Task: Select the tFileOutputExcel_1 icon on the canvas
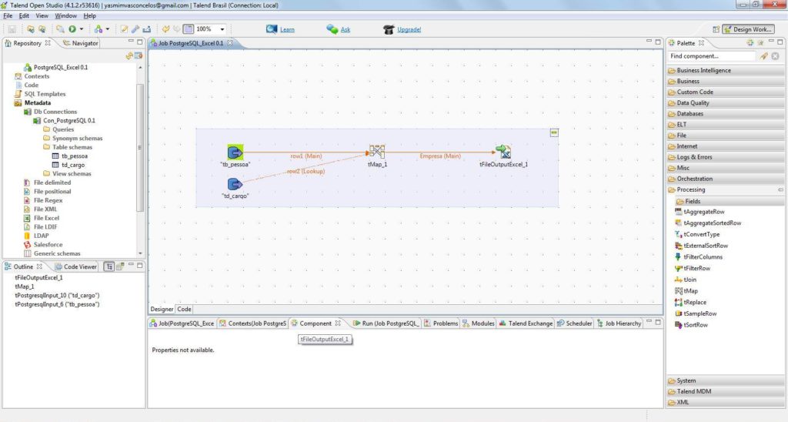[503, 152]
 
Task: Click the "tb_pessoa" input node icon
[235, 152]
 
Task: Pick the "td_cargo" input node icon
[235, 184]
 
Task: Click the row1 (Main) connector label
[306, 156]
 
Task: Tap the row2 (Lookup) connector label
[306, 171]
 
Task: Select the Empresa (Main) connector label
[440, 156]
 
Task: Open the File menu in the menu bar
[8, 15]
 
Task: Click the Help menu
[90, 15]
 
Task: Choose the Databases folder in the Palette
[689, 114]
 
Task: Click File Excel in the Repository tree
[45, 218]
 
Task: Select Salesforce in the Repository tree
[48, 245]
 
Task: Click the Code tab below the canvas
[185, 309]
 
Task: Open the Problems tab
[445, 323]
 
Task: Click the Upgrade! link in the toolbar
[409, 30]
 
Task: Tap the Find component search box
[712, 56]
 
